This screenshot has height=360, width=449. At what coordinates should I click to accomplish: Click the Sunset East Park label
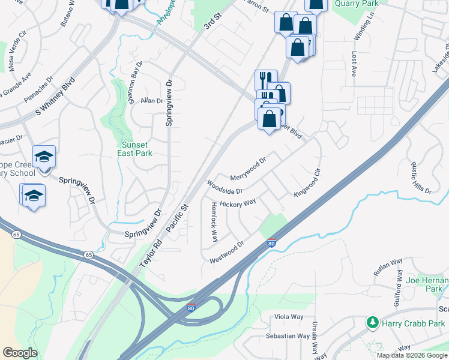[137, 149]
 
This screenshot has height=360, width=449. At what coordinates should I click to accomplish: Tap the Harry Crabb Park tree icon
[373, 323]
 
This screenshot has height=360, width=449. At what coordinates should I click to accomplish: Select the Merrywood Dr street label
[247, 170]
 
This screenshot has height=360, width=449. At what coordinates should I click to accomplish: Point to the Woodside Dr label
[224, 187]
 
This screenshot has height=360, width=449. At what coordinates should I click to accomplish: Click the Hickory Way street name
[238, 204]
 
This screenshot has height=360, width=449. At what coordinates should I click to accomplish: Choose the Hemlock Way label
[214, 221]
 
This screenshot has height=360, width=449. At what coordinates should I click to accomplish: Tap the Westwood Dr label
[227, 253]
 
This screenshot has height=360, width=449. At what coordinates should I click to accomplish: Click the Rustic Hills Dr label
[421, 178]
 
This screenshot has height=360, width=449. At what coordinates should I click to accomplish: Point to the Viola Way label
[289, 317]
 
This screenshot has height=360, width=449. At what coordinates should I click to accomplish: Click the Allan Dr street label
[152, 101]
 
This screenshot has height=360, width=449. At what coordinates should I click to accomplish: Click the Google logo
[20, 353]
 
